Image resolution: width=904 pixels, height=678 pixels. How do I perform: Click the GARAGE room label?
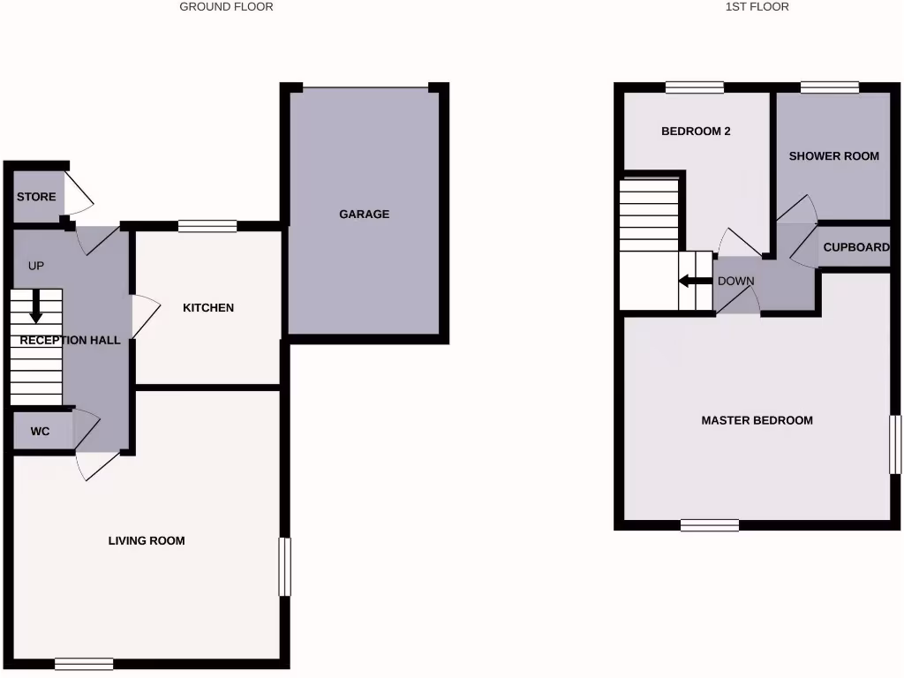364,214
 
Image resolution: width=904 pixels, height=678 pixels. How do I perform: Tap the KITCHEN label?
208,308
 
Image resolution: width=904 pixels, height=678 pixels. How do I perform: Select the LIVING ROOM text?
147,540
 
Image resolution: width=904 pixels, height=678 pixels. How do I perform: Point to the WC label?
40,432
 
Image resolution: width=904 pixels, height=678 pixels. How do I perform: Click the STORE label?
36,197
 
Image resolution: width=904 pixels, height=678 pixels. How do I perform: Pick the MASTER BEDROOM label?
757,420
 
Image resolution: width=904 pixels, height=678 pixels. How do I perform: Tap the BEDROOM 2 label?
696,132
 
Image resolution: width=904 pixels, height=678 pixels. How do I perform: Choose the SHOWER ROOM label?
833,156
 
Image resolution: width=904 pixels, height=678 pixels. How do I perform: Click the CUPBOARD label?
855,247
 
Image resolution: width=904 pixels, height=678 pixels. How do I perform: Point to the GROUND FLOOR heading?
226,7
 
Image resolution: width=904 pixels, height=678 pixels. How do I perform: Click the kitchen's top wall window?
207,226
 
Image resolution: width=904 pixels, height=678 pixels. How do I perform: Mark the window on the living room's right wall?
285,566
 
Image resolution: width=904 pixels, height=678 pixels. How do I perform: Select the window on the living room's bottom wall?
84,664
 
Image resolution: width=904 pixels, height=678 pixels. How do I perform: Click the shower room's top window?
830,87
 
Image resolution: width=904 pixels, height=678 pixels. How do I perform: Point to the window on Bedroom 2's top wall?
695,87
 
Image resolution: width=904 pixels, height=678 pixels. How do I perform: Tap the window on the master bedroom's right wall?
895,444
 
